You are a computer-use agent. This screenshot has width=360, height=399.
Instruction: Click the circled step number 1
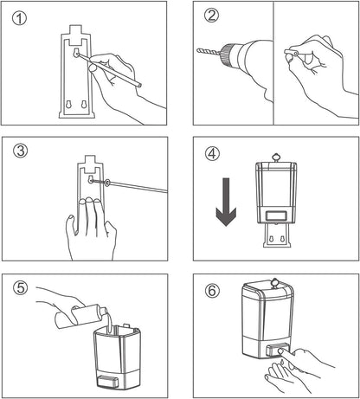pyautogui.click(x=19, y=18)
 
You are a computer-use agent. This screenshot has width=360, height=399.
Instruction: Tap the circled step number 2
pyautogui.click(x=211, y=16)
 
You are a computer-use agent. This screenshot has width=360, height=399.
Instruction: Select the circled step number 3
pyautogui.click(x=21, y=151)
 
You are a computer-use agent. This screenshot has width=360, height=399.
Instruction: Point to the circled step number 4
pyautogui.click(x=212, y=153)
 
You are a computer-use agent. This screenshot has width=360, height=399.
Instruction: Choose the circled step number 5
pyautogui.click(x=21, y=288)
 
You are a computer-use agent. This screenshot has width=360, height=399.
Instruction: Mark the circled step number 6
pyautogui.click(x=212, y=290)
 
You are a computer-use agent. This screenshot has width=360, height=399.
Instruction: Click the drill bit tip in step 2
pyautogui.click(x=197, y=50)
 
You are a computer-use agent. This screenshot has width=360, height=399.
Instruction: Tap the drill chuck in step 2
pyautogui.click(x=228, y=54)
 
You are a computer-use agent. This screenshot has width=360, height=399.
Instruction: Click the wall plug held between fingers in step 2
pyautogui.click(x=291, y=52)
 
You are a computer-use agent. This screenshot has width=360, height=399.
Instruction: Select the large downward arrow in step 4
pyautogui.click(x=226, y=202)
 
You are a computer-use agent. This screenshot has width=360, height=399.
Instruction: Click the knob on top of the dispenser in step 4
pyautogui.click(x=276, y=158)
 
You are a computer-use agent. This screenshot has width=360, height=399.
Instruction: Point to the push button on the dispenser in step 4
pyautogui.click(x=276, y=216)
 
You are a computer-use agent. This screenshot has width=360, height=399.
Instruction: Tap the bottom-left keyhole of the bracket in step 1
pyautogui.click(x=68, y=105)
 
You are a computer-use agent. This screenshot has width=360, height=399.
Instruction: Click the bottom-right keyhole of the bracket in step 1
pyautogui.click(x=84, y=105)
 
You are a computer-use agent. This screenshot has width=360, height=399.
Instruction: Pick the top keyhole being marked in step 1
pyautogui.click(x=75, y=53)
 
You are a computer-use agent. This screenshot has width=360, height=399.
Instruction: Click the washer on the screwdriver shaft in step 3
pyautogui.click(x=107, y=183)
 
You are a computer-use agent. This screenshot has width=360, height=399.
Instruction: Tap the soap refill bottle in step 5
pyautogui.click(x=81, y=317)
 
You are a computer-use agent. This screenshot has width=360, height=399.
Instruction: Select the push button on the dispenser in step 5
pyautogui.click(x=108, y=382)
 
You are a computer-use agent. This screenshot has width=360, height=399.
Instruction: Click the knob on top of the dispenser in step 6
pyautogui.click(x=274, y=283)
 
